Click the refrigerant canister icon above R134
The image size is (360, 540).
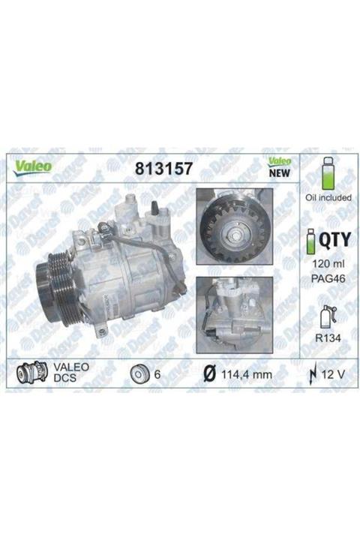tap(324, 315)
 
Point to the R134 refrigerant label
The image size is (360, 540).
tap(325, 338)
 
